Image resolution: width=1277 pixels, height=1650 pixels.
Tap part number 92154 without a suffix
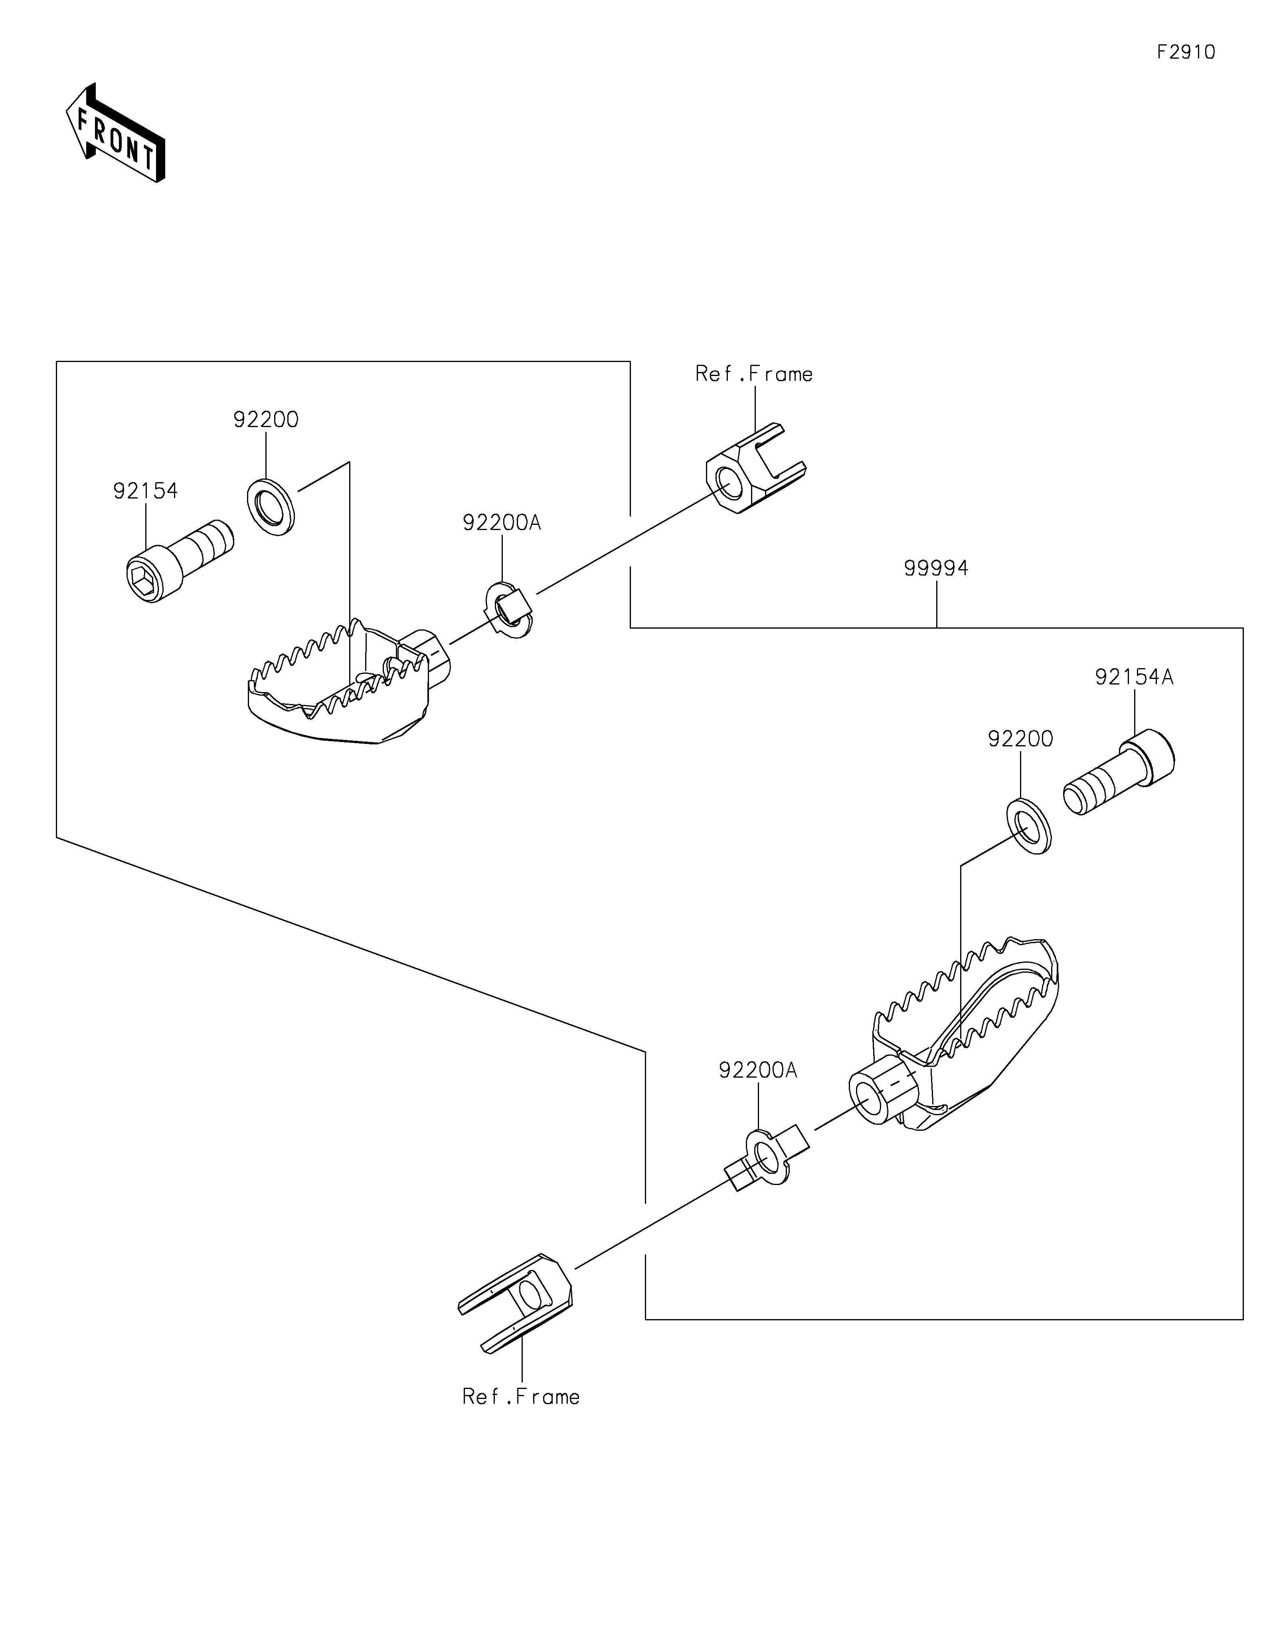tap(146, 491)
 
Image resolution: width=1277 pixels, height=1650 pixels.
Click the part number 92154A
tap(1134, 677)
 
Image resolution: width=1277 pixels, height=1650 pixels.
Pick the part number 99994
tap(937, 568)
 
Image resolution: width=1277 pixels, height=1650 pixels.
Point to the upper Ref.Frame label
tap(754, 374)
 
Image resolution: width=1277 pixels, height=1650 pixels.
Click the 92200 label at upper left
tap(266, 419)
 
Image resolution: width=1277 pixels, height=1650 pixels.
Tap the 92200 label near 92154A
tap(1020, 739)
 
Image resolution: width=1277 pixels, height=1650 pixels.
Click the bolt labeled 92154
tap(179, 560)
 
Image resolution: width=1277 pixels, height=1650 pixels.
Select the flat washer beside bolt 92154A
tap(1028, 826)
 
